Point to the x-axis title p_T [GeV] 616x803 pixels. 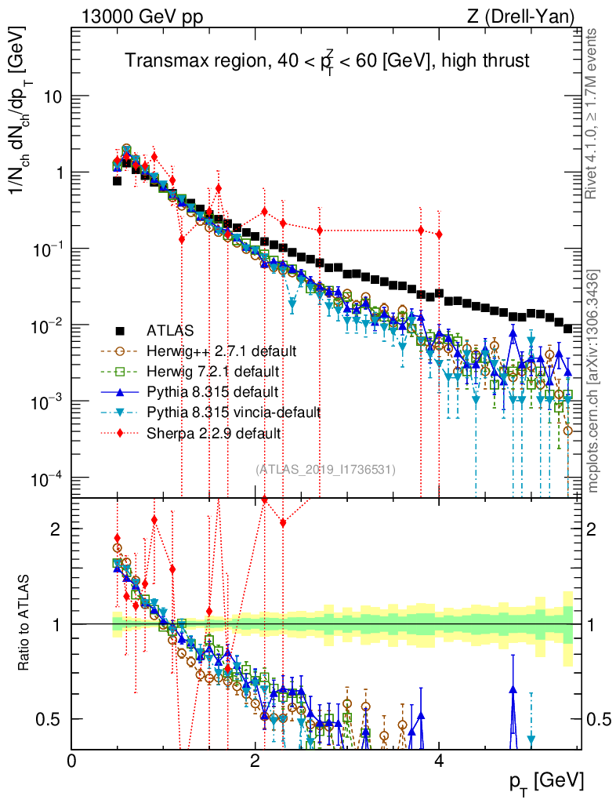pos(545,780)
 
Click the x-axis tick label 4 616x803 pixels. pos(439,761)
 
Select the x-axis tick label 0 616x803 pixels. pos(72,761)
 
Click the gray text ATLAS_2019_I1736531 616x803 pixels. pos(325,469)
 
